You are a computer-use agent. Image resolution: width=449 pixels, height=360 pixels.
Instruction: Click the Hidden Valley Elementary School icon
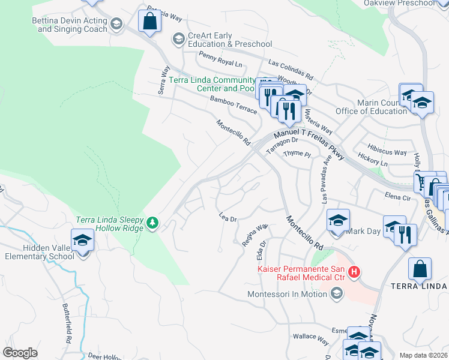(82, 241)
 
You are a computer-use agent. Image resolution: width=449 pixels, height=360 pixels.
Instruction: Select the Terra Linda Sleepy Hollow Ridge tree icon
(153, 223)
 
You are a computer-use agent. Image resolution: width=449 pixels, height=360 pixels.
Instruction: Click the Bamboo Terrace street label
(233, 105)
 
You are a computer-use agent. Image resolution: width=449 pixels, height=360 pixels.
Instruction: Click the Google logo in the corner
(20, 353)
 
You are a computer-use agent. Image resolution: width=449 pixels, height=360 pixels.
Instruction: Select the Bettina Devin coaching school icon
(116, 25)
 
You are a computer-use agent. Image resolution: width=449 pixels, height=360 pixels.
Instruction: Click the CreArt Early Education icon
(178, 40)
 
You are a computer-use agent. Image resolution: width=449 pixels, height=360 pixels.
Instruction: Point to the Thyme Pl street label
(297, 154)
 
